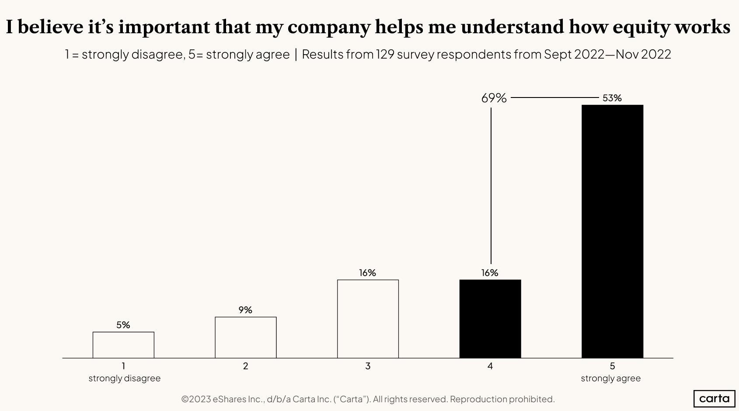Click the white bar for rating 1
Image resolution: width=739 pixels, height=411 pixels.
[123, 345]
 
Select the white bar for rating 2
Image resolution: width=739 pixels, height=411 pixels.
[245, 337]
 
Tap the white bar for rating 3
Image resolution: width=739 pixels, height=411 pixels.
[368, 319]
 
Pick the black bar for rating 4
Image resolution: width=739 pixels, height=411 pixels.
[490, 319]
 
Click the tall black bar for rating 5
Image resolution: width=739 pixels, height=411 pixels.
[612, 231]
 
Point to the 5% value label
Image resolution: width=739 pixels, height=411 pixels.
[123, 325]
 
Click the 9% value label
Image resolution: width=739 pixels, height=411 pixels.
[245, 310]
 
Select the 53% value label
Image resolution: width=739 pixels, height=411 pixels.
[612, 98]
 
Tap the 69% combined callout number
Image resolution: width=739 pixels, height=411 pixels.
[494, 98]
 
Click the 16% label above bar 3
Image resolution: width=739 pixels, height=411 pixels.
[367, 273]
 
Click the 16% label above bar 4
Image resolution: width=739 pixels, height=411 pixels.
[490, 273]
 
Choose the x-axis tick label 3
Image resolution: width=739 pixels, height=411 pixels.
[368, 366]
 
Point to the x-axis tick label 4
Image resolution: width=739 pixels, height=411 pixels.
[490, 366]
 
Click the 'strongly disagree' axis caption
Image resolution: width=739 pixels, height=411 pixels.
[124, 378]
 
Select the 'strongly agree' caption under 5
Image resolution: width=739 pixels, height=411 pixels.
[610, 378]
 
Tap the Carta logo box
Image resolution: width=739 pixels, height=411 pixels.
[714, 398]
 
